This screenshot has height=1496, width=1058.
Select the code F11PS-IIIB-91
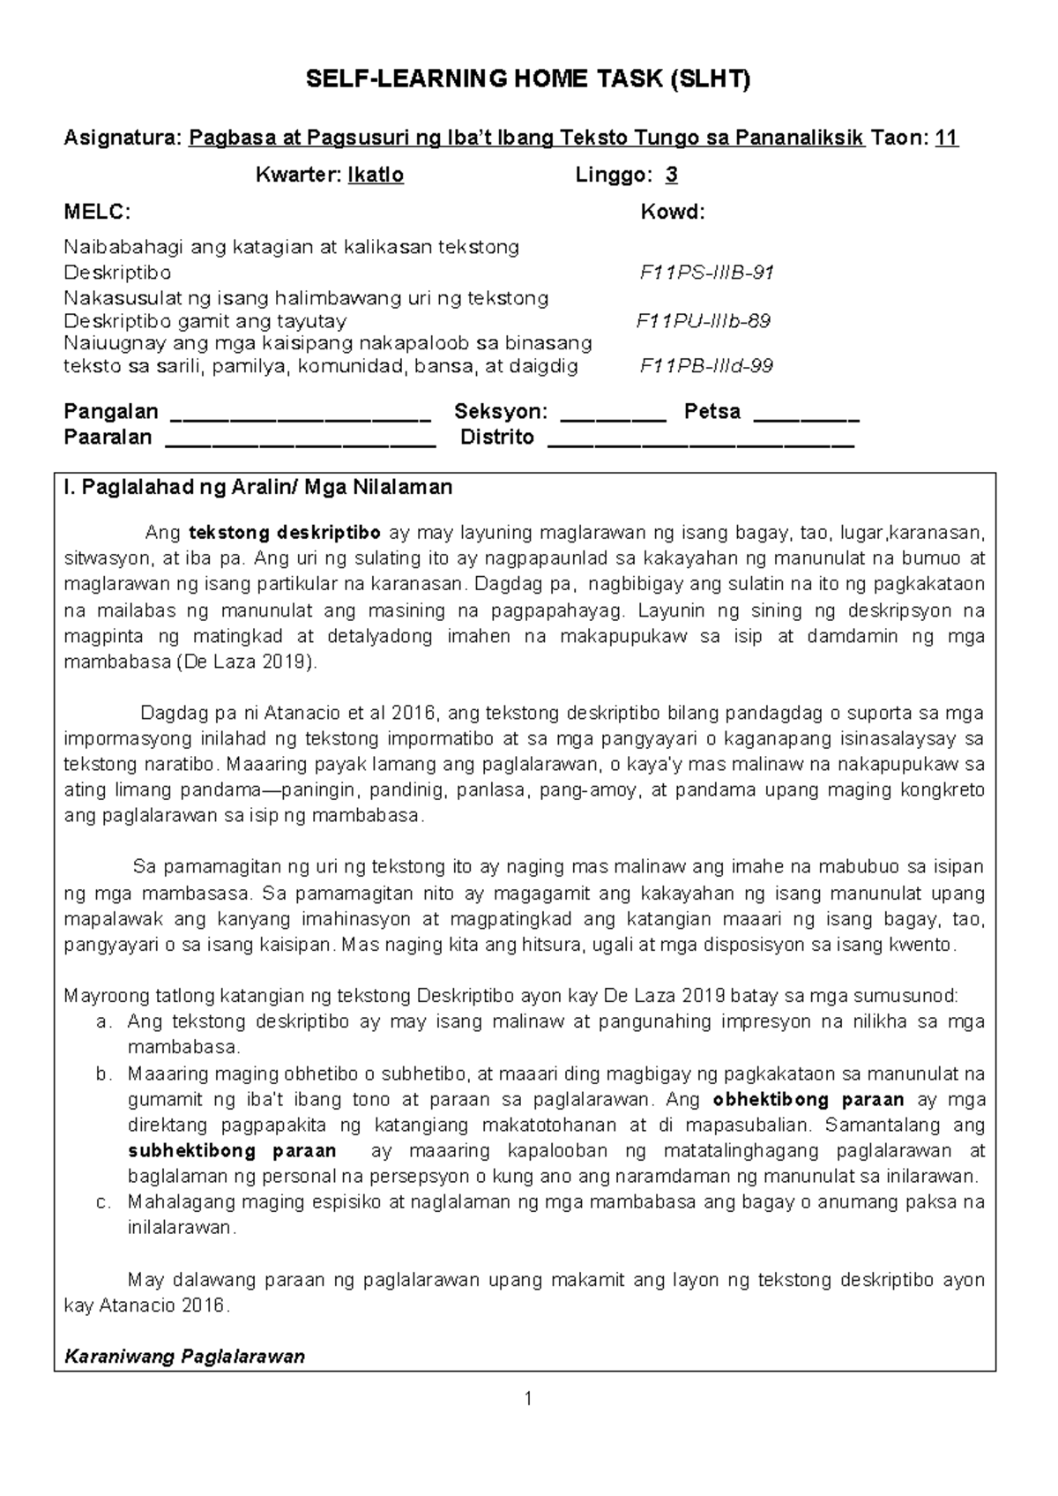pyautogui.click(x=706, y=273)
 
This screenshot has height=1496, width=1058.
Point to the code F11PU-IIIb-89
pyautogui.click(x=704, y=320)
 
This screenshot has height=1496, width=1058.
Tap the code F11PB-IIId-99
pyautogui.click(x=706, y=366)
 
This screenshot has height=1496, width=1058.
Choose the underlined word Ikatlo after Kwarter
pyautogui.click(x=376, y=175)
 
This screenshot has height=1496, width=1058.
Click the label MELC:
pyautogui.click(x=96, y=212)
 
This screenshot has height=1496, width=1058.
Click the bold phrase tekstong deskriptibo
pyautogui.click(x=285, y=533)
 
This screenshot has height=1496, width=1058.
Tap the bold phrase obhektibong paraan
pyautogui.click(x=808, y=1100)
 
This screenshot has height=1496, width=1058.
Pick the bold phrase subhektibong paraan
pyautogui.click(x=232, y=1151)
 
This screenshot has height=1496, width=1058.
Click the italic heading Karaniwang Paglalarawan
pyautogui.click(x=184, y=1357)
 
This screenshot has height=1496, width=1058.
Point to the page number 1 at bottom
pyautogui.click(x=527, y=1398)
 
